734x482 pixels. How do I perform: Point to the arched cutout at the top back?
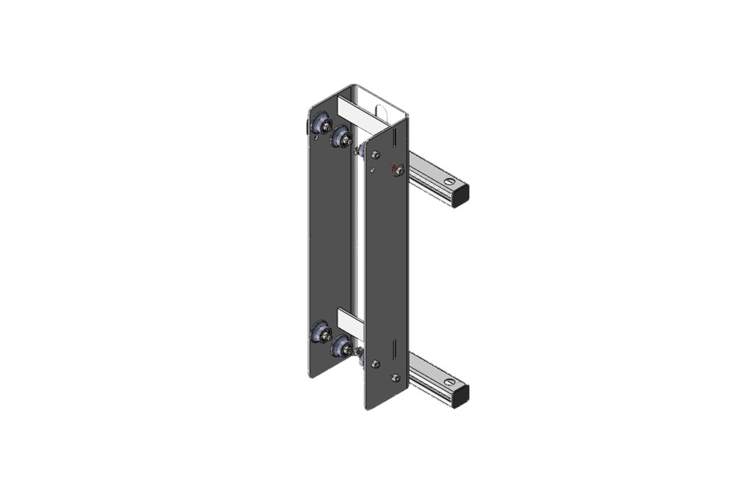(x=380, y=112)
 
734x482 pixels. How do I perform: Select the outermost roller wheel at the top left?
(x=320, y=123)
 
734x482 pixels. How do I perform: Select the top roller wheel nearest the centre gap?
(x=341, y=137)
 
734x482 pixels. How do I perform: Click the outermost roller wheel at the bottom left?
(x=321, y=333)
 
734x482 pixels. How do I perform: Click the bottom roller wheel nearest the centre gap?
(x=341, y=346)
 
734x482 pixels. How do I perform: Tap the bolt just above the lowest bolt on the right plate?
(x=375, y=364)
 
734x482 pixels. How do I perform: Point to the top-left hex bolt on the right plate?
(x=376, y=155)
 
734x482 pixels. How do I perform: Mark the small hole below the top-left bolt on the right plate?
(x=373, y=170)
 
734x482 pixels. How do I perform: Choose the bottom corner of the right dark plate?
(x=366, y=408)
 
